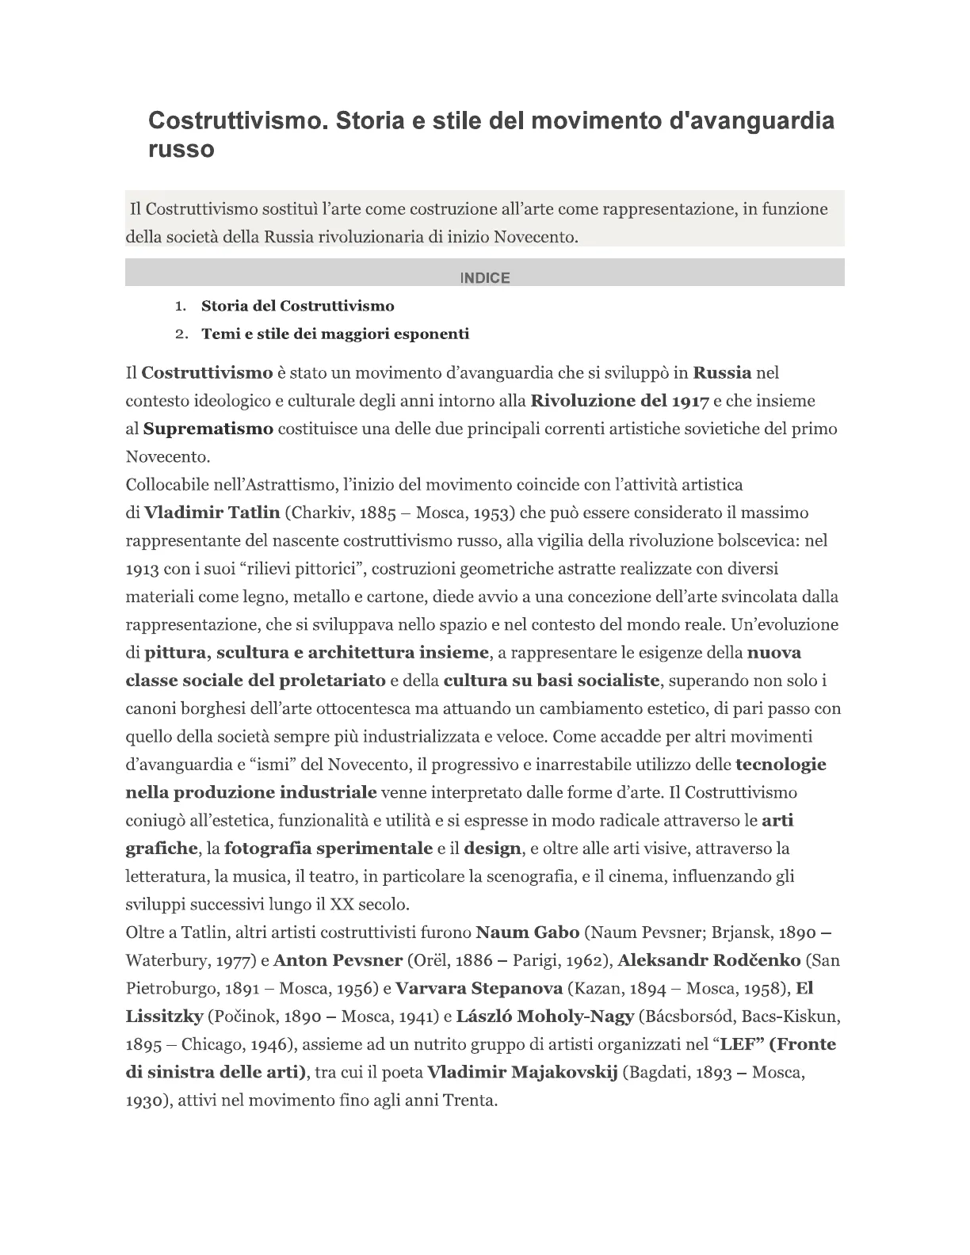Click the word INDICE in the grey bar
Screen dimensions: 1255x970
(x=484, y=277)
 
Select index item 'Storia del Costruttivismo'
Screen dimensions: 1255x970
(x=297, y=306)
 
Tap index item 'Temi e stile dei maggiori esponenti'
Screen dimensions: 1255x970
(x=335, y=334)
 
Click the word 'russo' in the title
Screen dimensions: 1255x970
(x=181, y=149)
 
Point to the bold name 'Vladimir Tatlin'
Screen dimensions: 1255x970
(x=212, y=513)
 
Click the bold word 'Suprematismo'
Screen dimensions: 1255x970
(x=208, y=429)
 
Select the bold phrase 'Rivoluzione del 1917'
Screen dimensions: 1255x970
(x=619, y=401)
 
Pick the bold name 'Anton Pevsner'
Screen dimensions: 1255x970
(x=338, y=960)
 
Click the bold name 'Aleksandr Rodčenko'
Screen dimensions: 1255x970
(x=708, y=960)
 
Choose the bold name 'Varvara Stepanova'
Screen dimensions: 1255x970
(x=479, y=988)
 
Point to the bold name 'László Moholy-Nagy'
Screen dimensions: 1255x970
(x=545, y=1017)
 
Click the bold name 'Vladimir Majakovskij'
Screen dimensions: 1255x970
(x=521, y=1073)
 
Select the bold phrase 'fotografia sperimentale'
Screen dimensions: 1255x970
(x=328, y=849)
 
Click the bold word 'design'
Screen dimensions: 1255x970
(x=492, y=849)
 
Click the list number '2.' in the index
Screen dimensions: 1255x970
(x=181, y=334)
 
